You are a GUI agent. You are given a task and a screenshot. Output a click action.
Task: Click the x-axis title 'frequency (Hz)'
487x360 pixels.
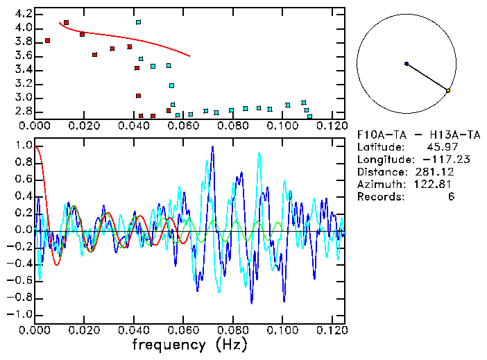[x=189, y=345]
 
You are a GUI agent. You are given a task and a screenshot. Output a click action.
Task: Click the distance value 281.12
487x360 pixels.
[x=452, y=172]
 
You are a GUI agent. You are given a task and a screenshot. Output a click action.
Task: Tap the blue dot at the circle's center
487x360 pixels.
[x=407, y=64]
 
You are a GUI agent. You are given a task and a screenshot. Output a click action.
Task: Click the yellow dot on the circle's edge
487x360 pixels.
[x=448, y=90]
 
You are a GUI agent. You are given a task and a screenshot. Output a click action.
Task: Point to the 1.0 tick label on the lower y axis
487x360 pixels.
[x=22, y=146]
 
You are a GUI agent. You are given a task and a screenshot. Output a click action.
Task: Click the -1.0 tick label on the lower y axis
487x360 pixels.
[x=20, y=314]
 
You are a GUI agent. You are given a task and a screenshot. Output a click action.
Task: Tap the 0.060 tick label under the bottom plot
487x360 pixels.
[x=183, y=329]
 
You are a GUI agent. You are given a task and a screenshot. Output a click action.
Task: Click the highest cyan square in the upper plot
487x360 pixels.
[x=139, y=22]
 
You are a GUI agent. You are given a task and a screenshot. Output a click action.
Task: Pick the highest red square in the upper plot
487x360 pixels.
[x=67, y=23]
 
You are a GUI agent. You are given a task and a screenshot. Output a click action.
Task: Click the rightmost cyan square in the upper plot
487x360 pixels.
[x=309, y=117]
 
